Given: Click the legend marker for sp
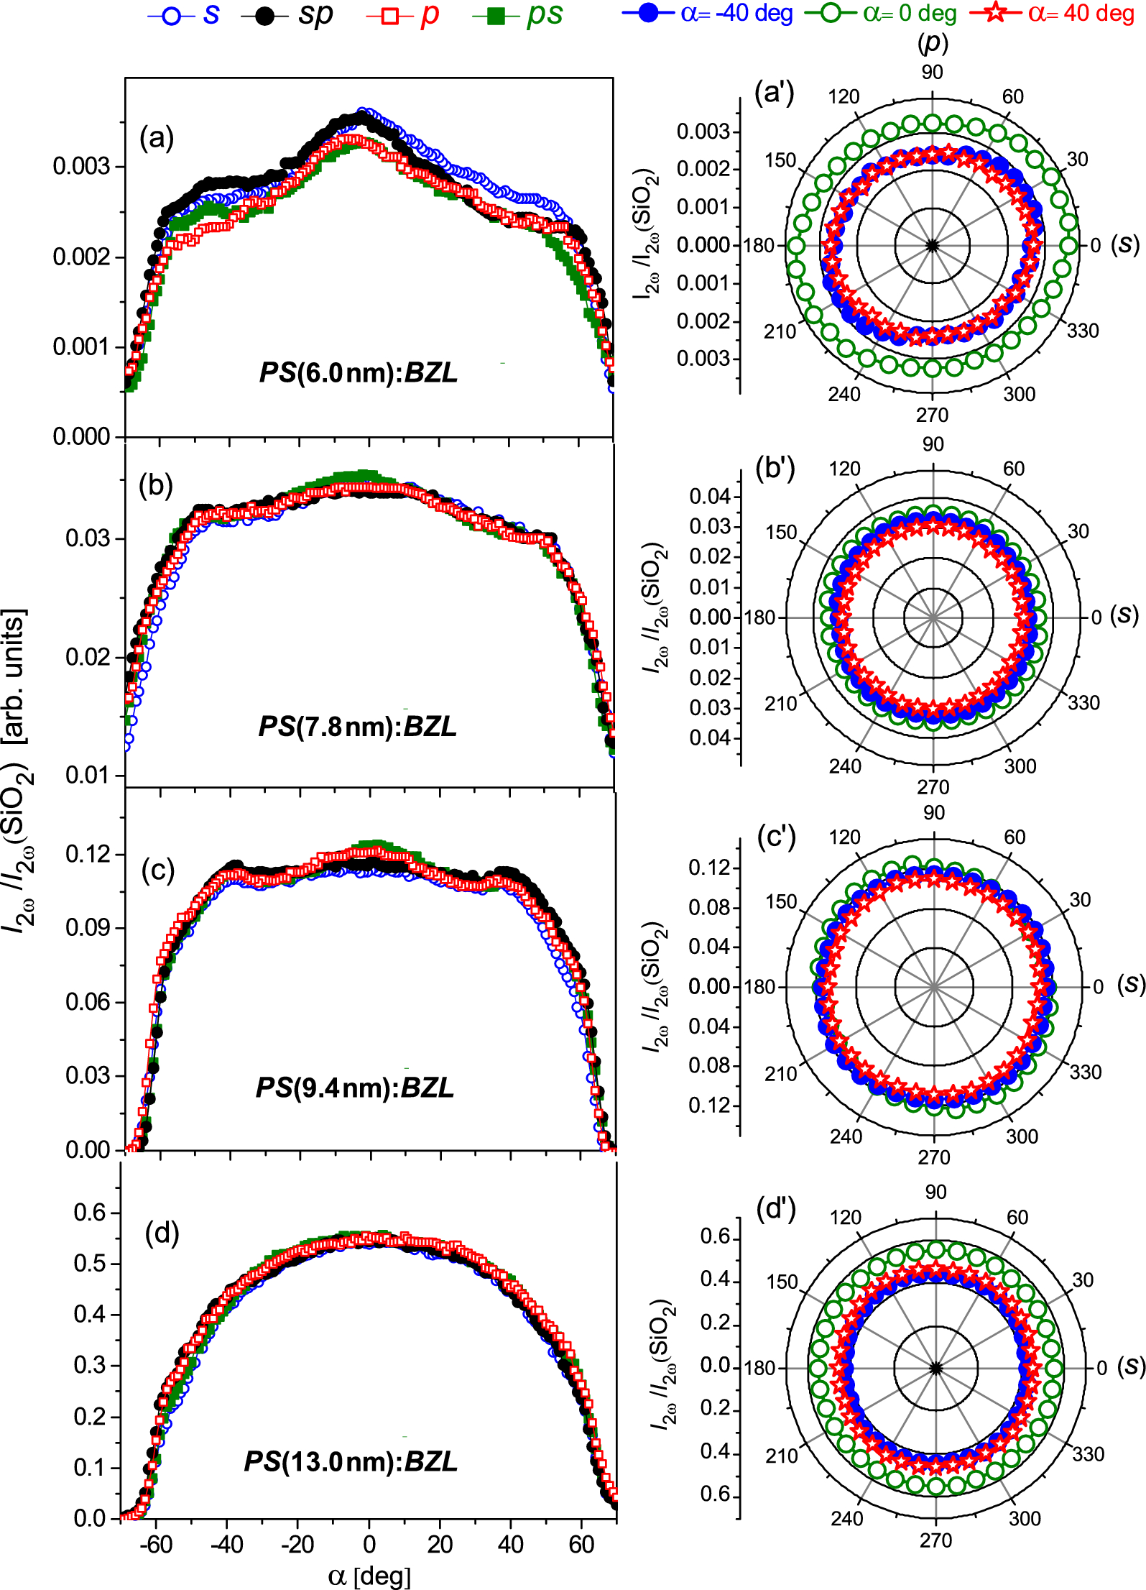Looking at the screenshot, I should pos(265,17).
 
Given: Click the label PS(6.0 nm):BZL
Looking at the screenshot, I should pos(358,372).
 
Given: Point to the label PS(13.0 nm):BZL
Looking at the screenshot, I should pos(351,1461).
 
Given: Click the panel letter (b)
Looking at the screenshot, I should pos(156,486).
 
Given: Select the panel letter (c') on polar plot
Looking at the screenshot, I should pos(776,837).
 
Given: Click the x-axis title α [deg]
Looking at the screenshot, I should pos(369,1576).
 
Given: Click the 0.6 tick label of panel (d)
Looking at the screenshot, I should pos(91,1213).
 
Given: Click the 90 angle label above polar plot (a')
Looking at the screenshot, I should pos(932,72).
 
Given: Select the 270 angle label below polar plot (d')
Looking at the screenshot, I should pos(935,1540).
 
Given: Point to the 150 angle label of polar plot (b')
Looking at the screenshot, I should pos(781,533).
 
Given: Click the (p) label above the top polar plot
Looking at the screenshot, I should pos(933,43).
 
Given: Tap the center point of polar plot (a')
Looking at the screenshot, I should pos(933,245).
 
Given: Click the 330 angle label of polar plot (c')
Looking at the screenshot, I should pos(1086,1072).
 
